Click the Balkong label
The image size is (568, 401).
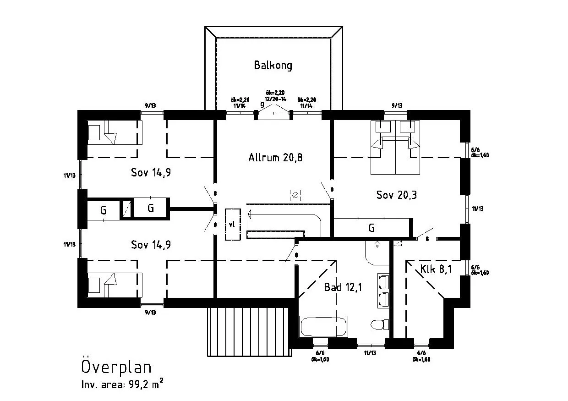(x=273, y=65)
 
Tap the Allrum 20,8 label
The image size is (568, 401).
(x=275, y=158)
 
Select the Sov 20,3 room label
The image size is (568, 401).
(x=396, y=195)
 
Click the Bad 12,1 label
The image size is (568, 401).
(x=343, y=287)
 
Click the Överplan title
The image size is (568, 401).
(x=116, y=367)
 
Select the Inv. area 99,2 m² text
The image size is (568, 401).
(x=122, y=385)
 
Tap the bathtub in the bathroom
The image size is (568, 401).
(x=323, y=327)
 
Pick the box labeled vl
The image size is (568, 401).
(x=232, y=224)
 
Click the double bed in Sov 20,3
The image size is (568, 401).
(x=395, y=148)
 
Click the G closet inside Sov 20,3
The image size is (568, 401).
(x=371, y=228)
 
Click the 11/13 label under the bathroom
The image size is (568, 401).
(x=370, y=353)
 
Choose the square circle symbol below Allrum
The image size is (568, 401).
(x=295, y=195)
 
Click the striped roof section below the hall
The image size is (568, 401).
(x=249, y=331)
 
